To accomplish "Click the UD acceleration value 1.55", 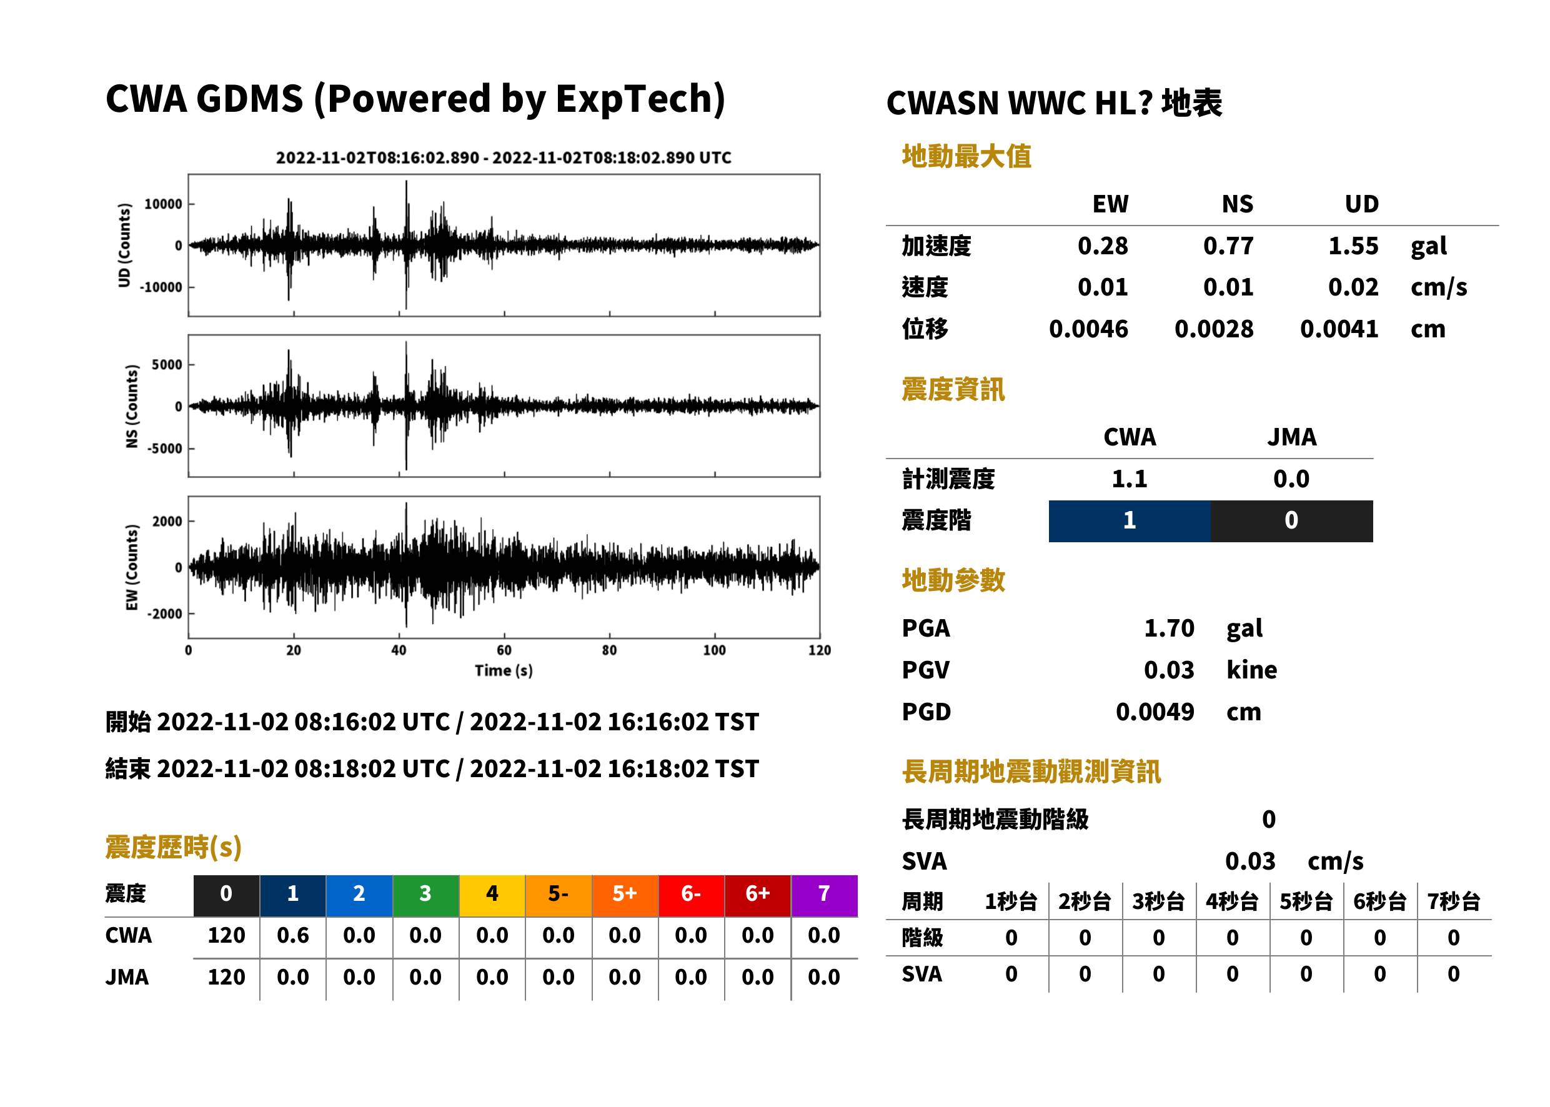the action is coord(1353,246).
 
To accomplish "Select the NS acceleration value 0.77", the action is coord(1228,246).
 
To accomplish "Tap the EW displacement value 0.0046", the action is coord(1088,329).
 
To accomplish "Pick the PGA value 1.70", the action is coord(1169,628).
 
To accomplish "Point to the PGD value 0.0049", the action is coord(1155,712).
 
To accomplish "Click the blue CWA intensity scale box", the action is coord(1130,521).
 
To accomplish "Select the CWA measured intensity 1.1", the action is coord(1130,479).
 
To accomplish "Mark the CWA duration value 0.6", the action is coord(293,935).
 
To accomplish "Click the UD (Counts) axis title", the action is coord(124,246).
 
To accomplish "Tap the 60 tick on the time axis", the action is coord(504,650).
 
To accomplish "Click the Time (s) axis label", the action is coord(504,671).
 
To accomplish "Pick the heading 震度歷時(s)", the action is coord(174,847).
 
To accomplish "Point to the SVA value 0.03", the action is coord(1250,861).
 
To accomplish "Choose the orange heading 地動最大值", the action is coord(966,156).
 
